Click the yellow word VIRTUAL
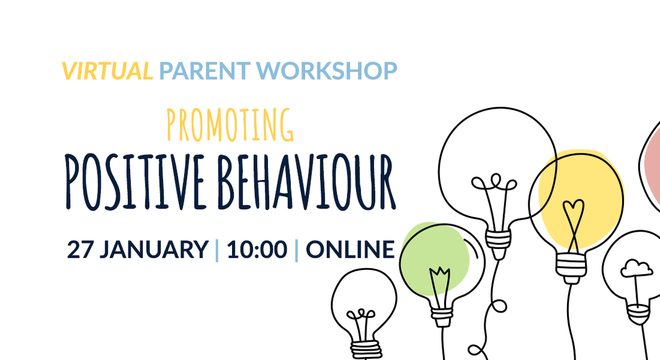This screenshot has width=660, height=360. (x=107, y=71)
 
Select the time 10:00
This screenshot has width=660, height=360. (x=256, y=250)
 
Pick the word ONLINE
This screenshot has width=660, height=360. (x=350, y=250)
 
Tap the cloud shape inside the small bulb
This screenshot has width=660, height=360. (x=636, y=269)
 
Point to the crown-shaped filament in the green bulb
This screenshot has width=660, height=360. (x=440, y=274)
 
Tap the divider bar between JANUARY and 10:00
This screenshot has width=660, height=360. (x=216, y=250)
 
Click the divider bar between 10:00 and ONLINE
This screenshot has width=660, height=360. (x=296, y=250)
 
